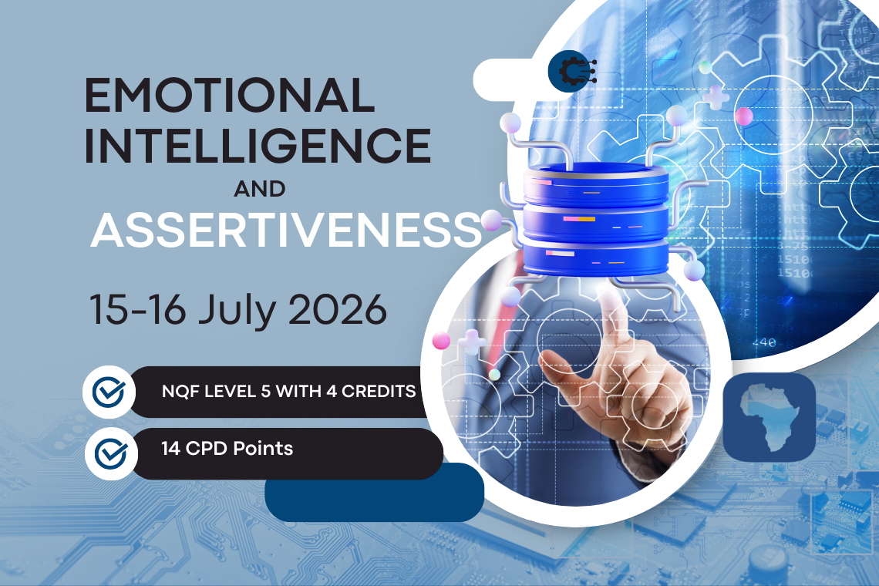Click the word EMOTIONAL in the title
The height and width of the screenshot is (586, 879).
click(229, 95)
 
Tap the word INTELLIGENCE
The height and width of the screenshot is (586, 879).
click(258, 146)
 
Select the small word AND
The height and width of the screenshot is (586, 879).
click(260, 189)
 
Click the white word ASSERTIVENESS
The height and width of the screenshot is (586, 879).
click(287, 230)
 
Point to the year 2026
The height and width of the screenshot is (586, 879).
click(338, 309)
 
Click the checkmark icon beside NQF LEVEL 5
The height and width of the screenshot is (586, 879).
click(109, 392)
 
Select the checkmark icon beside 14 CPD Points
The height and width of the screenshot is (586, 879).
click(111, 453)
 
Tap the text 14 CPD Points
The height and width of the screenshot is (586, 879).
click(227, 449)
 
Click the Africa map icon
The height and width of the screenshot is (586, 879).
click(770, 417)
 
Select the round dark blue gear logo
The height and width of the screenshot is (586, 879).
click(572, 71)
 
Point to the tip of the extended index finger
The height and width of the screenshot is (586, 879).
click(608, 291)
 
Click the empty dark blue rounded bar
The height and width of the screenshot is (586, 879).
click(375, 493)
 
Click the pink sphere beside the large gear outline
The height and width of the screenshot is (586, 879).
click(744, 116)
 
